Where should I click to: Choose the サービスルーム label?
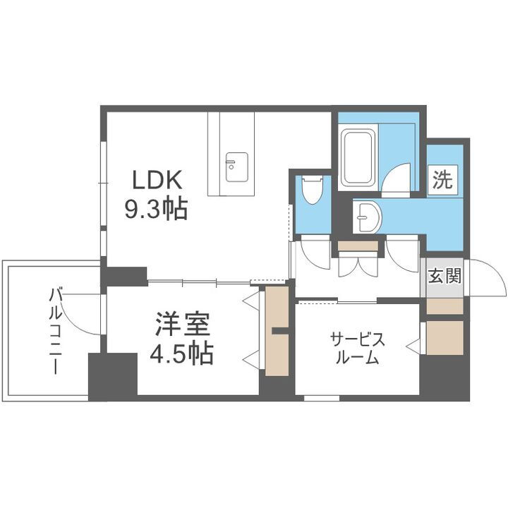pos(357,349)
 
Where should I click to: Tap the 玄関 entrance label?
pos(444,275)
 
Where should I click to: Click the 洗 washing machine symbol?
pos(442,180)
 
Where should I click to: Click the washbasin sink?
pos(366,216)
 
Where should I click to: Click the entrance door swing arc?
pos(487,277)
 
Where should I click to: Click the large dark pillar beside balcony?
pos(112,375)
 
